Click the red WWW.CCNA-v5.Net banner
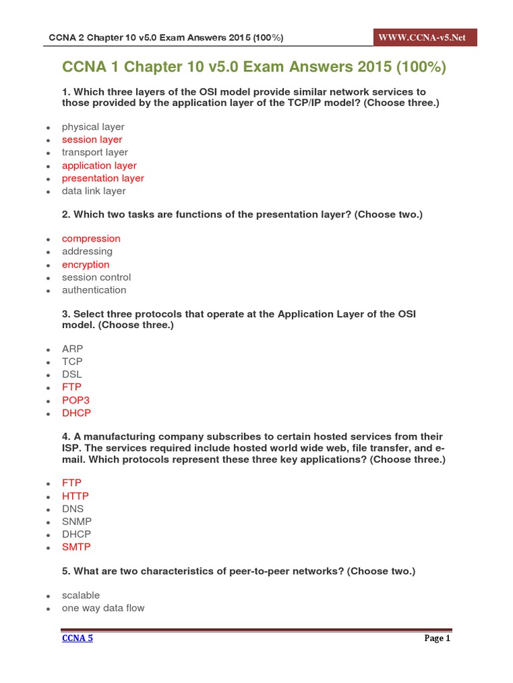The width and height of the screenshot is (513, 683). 425,37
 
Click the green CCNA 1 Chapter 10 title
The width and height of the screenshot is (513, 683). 254,67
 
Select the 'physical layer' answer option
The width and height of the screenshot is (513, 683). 93,127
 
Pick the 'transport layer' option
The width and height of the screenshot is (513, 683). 95,152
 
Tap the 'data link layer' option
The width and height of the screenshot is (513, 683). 94,191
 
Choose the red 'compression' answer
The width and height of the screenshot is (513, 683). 91,239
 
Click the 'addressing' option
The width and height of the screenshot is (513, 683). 87,251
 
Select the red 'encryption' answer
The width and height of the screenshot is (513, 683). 85,264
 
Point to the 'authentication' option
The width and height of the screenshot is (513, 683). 94,290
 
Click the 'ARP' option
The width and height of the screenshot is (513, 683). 72,349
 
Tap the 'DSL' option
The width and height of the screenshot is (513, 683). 72,374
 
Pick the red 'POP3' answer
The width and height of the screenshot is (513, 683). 75,400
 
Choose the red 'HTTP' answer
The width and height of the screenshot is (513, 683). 75,496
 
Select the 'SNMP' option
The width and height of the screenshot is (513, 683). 77,522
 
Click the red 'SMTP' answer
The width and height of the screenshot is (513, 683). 76,547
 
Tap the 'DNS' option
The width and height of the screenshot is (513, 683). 73,508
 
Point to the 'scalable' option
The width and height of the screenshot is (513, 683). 81,595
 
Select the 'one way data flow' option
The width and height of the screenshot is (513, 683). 103,608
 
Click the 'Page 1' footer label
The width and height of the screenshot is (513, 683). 438,638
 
